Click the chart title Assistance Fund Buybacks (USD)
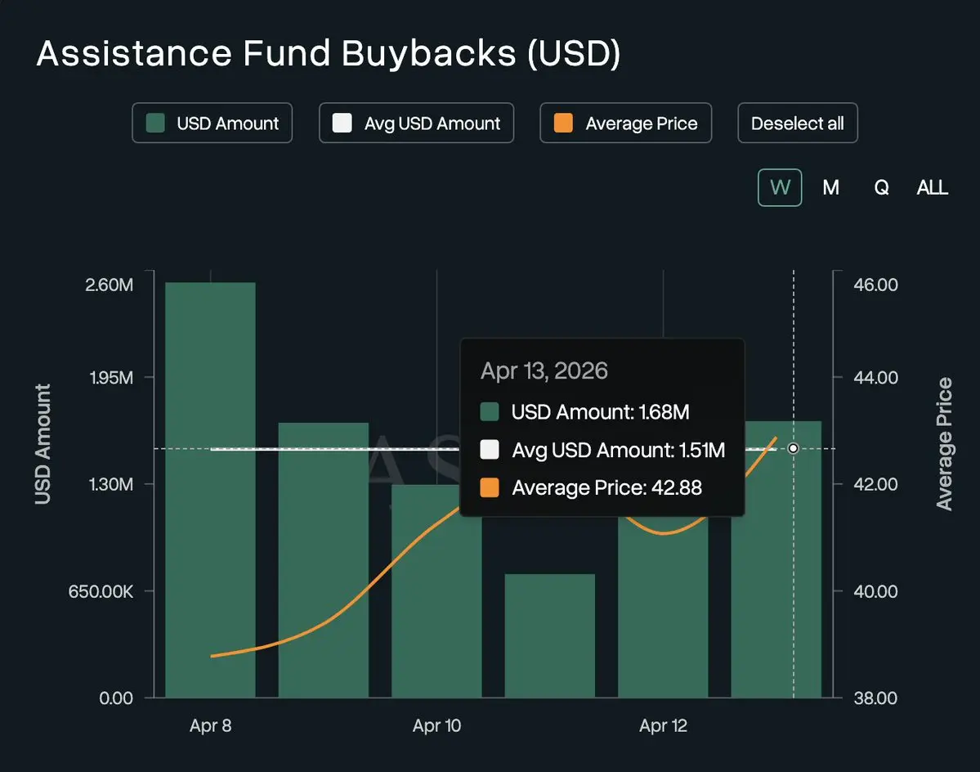click(329, 54)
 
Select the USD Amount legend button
click(212, 123)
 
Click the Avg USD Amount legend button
click(416, 123)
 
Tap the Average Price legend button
click(625, 123)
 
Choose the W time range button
click(780, 187)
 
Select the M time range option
click(830, 187)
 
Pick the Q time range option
click(881, 187)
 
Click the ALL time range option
click(932, 187)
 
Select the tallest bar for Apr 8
click(210, 491)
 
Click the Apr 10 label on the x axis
click(436, 726)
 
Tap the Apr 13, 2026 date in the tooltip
click(544, 370)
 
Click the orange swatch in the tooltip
click(490, 488)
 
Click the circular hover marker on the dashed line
click(793, 448)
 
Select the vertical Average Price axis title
click(945, 444)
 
